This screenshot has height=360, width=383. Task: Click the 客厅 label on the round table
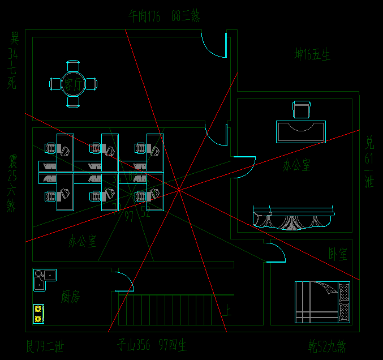[73, 85]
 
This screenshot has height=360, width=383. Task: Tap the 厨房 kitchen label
[70, 297]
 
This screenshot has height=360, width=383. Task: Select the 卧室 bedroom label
[338, 254]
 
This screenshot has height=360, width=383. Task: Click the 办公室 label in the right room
[296, 166]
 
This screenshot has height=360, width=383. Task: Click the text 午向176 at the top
[145, 16]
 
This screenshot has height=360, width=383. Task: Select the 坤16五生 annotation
[312, 55]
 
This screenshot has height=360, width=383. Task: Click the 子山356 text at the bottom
[134, 345]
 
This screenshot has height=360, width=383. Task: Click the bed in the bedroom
[322, 302]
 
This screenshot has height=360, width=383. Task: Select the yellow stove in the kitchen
[38, 314]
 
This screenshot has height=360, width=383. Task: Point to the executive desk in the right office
[301, 131]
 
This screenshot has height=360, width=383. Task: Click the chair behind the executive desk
[302, 109]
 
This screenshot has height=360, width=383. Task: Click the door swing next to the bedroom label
[276, 252]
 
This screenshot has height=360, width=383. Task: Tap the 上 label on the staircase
[227, 310]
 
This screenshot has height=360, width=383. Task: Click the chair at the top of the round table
[73, 66]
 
